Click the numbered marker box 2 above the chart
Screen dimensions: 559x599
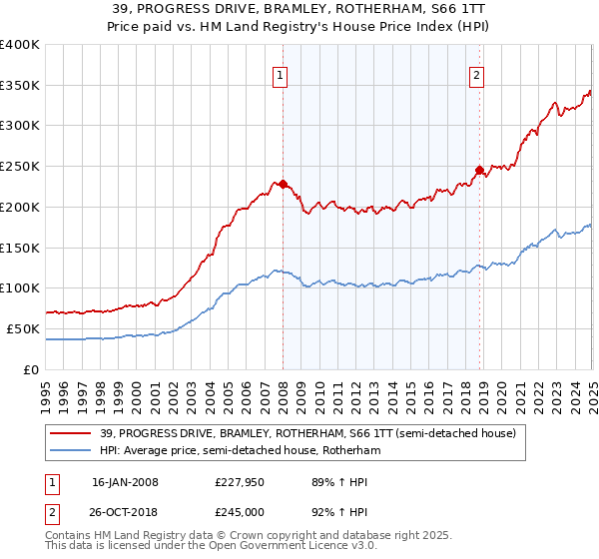tap(476, 74)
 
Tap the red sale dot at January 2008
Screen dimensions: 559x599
tap(283, 184)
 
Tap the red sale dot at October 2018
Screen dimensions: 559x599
tap(479, 170)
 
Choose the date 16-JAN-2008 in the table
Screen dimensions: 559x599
tap(125, 482)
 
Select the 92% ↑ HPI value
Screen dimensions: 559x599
tap(330, 511)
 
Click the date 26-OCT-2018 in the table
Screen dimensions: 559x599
tap(125, 511)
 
